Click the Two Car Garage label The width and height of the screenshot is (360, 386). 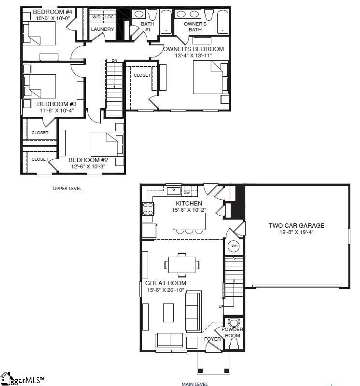(x=297, y=225)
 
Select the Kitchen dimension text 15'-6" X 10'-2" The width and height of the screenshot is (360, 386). (x=189, y=210)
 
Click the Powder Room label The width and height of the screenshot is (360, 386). (x=233, y=332)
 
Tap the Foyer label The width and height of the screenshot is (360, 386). (x=212, y=339)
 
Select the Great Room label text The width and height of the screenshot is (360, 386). (x=166, y=283)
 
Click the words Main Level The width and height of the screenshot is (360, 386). (x=194, y=384)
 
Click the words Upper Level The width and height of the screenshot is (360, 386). (x=67, y=188)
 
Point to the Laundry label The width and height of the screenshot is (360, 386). (x=102, y=29)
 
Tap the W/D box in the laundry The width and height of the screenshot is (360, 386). (x=97, y=17)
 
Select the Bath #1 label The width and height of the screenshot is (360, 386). (x=147, y=27)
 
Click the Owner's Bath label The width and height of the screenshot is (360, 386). (x=195, y=27)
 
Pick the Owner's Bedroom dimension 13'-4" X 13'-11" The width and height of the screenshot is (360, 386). (x=193, y=55)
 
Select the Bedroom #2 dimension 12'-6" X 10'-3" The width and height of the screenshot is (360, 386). (x=87, y=166)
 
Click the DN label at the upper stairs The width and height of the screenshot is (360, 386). (x=114, y=60)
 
